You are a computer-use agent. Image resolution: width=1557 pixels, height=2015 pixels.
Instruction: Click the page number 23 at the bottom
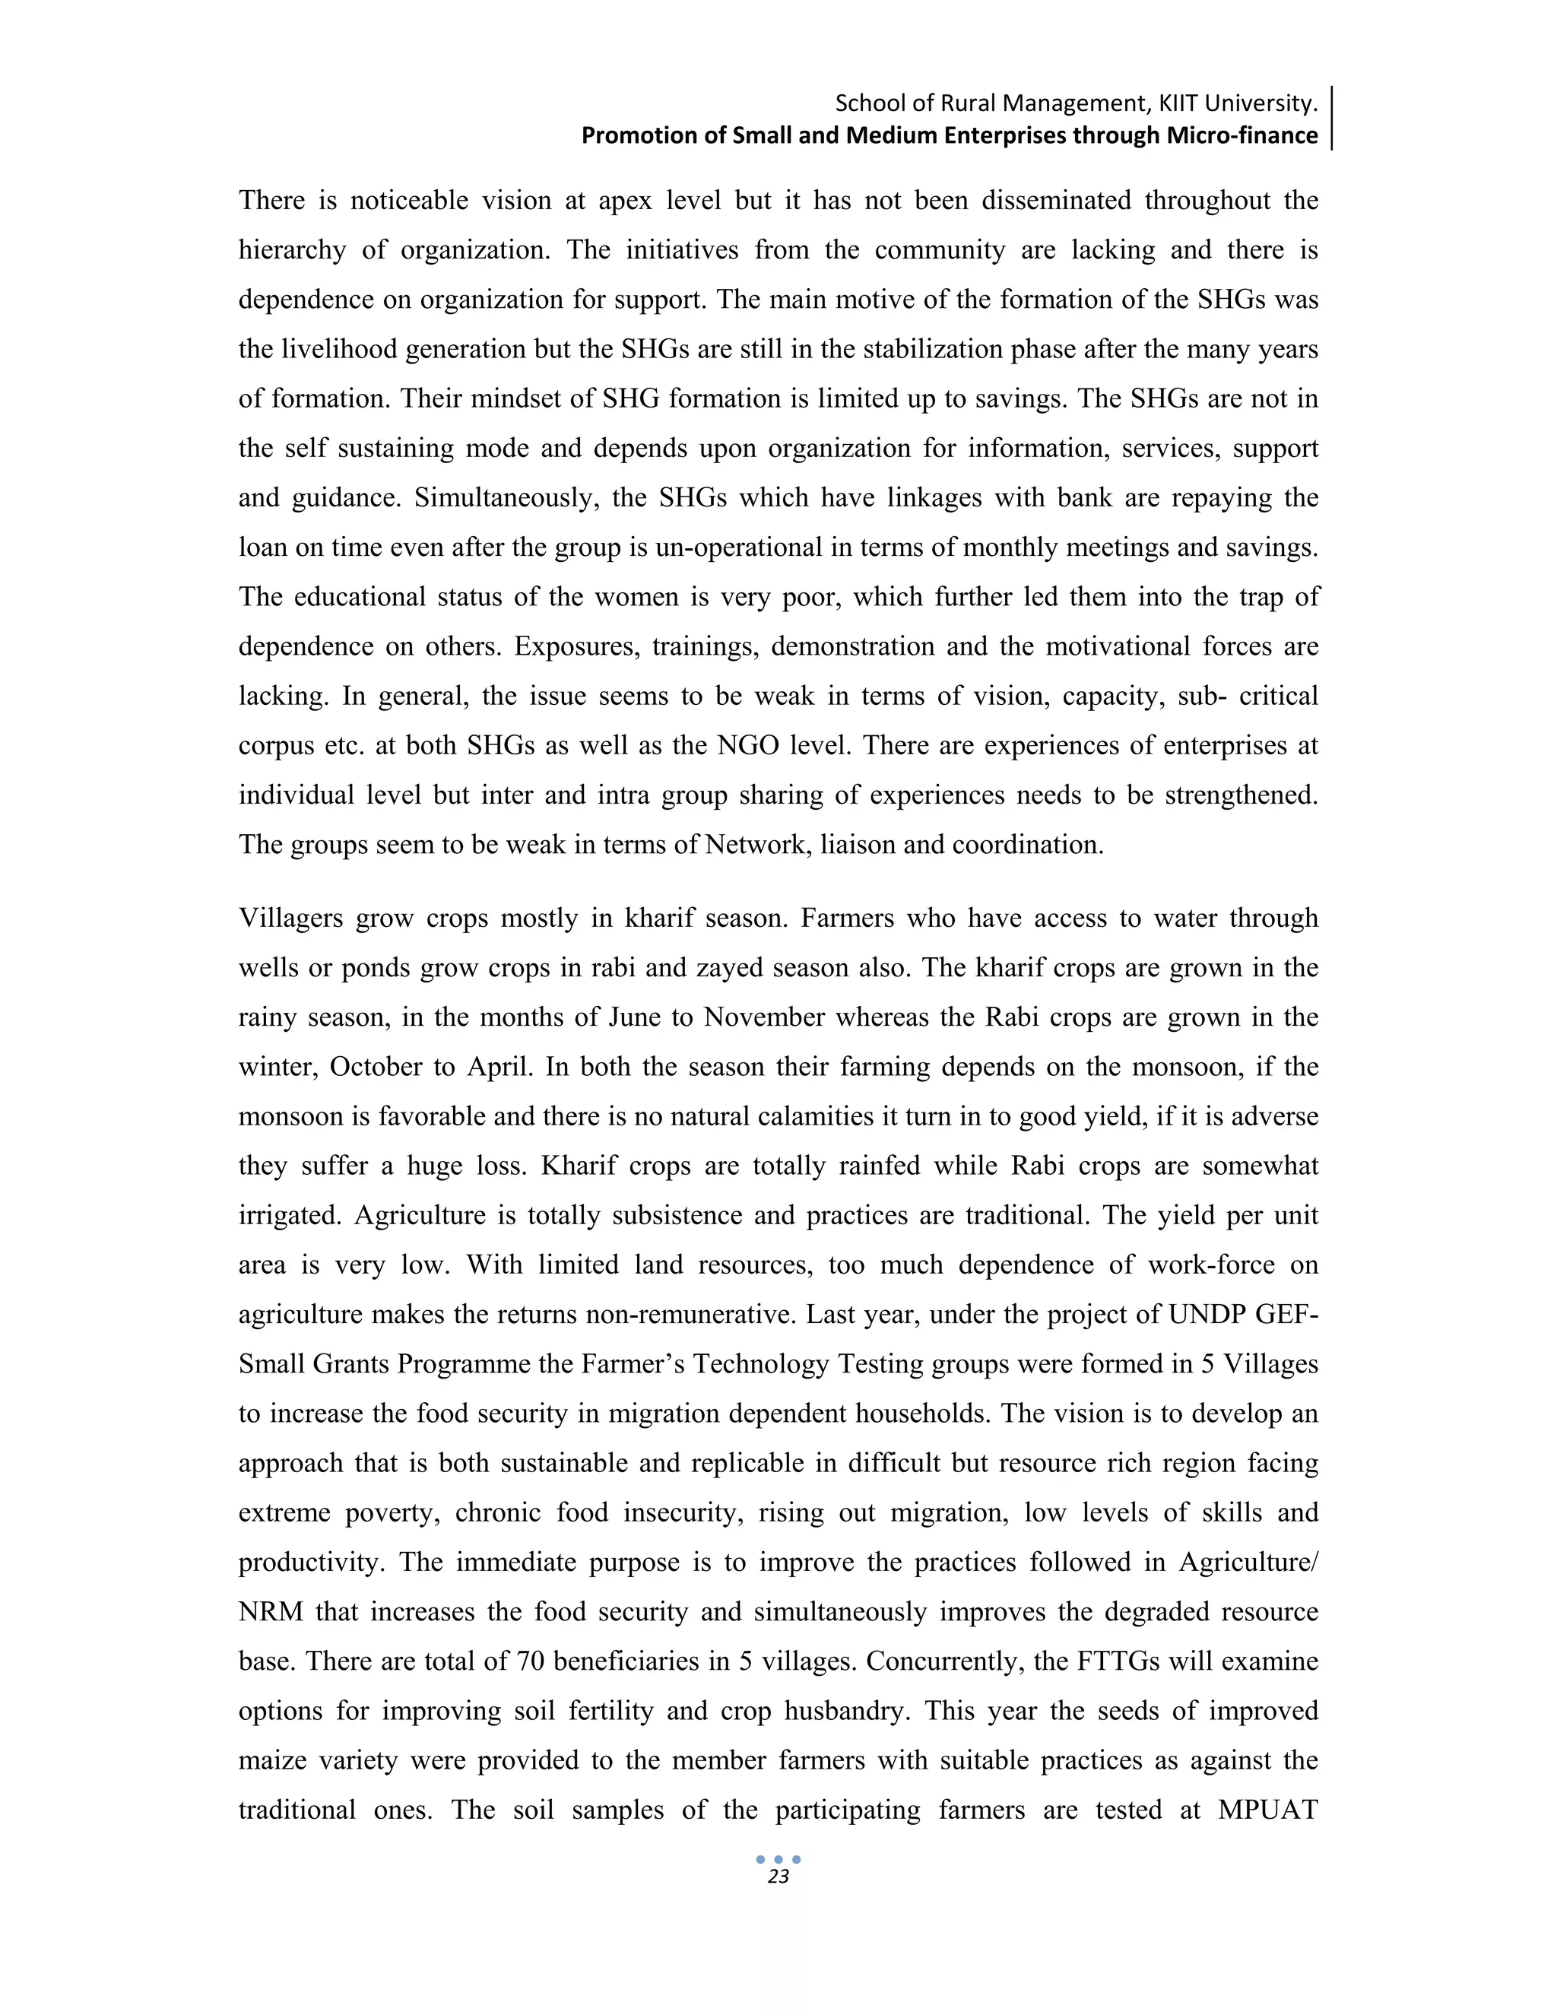tap(778, 1877)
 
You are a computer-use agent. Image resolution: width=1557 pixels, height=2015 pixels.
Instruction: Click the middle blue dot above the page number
tap(778, 1859)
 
